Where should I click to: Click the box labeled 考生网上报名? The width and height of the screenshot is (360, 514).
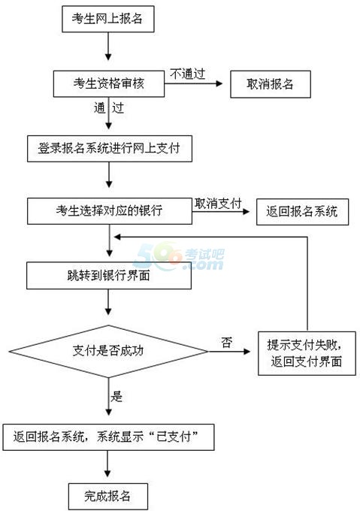(x=108, y=18)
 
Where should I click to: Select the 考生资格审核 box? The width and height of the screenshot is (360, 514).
(x=109, y=83)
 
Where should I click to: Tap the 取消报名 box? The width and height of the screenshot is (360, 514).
(x=271, y=84)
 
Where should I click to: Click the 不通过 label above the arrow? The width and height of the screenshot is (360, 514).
(x=188, y=74)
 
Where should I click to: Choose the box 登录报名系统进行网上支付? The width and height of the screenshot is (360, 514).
(x=110, y=149)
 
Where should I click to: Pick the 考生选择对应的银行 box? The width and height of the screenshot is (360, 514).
(x=110, y=210)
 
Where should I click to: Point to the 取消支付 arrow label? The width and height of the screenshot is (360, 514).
(x=218, y=204)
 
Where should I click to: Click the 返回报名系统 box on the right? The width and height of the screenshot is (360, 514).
(x=302, y=212)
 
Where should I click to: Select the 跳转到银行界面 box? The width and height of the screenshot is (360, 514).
(x=109, y=275)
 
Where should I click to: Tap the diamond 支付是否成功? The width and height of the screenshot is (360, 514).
(x=108, y=352)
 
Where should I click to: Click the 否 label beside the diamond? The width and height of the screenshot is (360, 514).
(x=227, y=343)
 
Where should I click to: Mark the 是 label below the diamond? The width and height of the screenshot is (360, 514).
(x=116, y=397)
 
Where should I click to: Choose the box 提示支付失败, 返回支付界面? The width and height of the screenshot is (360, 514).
(x=307, y=353)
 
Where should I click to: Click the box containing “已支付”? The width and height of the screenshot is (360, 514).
(x=108, y=437)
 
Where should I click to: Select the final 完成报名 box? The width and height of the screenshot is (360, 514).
(x=108, y=496)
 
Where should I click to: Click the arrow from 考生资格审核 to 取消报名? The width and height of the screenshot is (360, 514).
(x=193, y=83)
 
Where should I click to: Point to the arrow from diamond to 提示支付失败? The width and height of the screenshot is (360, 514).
(x=229, y=352)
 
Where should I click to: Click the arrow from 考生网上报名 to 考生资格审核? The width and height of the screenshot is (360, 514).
(x=108, y=47)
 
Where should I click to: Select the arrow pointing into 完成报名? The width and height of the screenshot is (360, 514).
(x=107, y=464)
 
